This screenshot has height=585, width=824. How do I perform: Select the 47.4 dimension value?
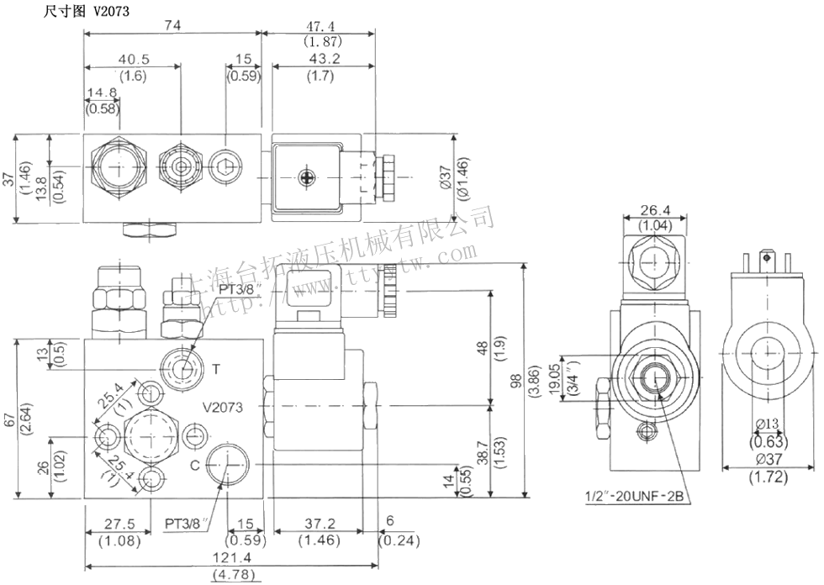click(x=315, y=26)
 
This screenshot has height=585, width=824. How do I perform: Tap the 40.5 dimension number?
click(x=133, y=61)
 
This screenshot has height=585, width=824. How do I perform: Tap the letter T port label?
click(x=216, y=368)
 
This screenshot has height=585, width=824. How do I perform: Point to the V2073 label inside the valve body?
click(x=223, y=407)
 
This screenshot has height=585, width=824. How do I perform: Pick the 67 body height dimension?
click(x=10, y=419)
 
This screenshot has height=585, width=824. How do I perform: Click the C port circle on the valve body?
click(x=228, y=463)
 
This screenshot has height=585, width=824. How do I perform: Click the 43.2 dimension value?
click(x=315, y=61)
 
